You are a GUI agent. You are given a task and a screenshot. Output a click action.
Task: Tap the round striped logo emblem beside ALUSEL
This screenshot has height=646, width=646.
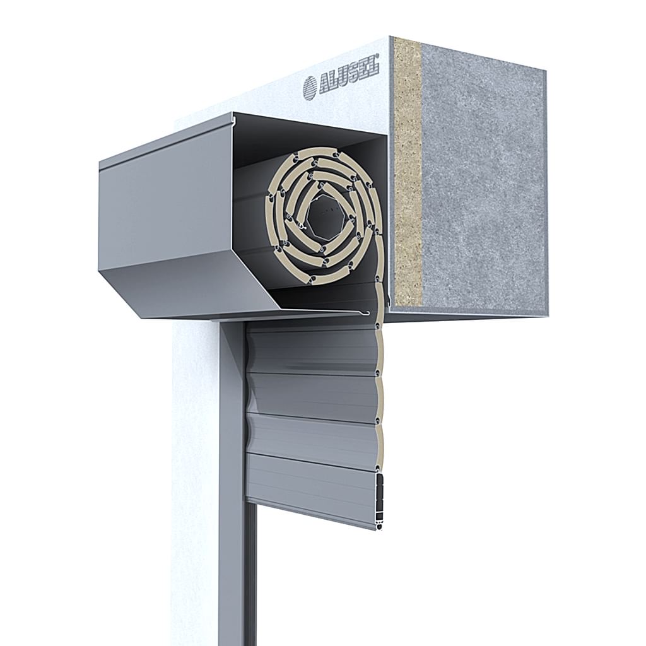tap(310, 89)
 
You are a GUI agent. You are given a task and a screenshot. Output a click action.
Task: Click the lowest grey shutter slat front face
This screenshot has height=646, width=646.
tap(312, 488)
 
